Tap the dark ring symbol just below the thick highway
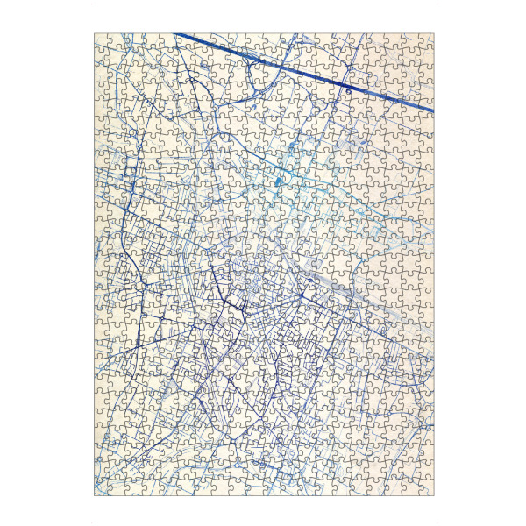pyautogui.click(x=348, y=90)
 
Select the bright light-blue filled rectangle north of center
pyautogui.click(x=279, y=181)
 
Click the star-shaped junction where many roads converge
pyautogui.click(x=301, y=296)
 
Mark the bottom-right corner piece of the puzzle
pyautogui.click(x=426, y=487)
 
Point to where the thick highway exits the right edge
pyautogui.click(x=432, y=110)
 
